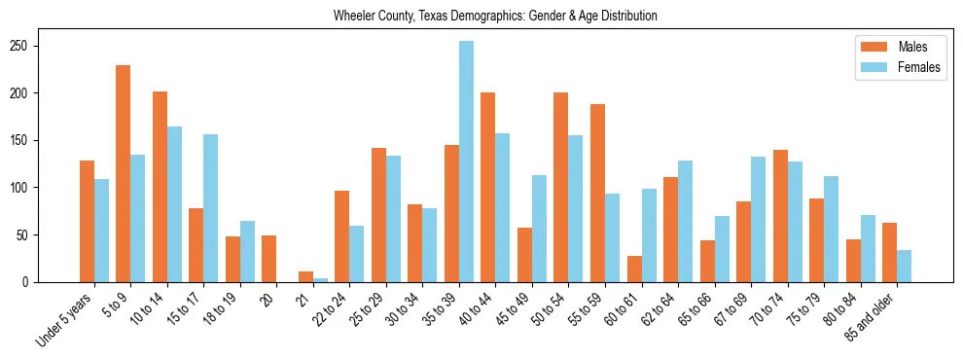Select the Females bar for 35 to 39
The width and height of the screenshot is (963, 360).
point(467,162)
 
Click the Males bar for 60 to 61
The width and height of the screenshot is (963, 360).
point(634,269)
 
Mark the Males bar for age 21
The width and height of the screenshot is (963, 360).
point(305,276)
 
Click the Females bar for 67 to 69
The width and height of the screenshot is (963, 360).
point(759,220)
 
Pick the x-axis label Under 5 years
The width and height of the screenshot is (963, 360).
point(66,318)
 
